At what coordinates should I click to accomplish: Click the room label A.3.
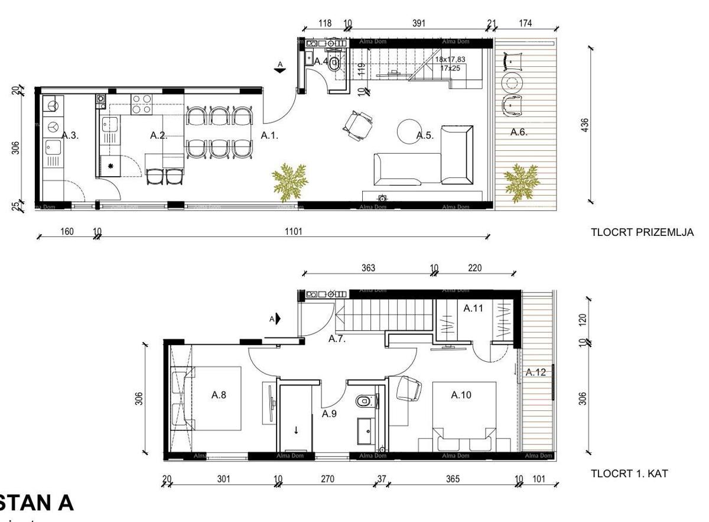coord(70,135)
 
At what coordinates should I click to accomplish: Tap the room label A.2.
coord(158,135)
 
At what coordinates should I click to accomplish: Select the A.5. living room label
coord(425,135)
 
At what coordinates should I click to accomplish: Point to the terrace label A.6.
coord(519,132)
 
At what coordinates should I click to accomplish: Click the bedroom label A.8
coord(219,395)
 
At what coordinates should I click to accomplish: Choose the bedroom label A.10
coord(461,395)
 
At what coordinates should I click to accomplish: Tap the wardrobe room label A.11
coord(473,308)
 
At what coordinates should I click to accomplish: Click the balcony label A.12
coord(536,372)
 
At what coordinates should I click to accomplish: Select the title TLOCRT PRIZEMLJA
coord(642,233)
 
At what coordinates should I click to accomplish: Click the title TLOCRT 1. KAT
coord(630,474)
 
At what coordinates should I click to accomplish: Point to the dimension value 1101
coord(293,232)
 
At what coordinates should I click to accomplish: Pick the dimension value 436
coord(585,125)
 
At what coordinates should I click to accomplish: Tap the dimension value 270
coord(327,479)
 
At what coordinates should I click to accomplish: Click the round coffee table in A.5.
coord(408,131)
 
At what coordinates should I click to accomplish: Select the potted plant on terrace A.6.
coord(521,181)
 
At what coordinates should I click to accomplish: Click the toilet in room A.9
coord(362,402)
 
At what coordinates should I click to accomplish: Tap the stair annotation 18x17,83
coord(450,60)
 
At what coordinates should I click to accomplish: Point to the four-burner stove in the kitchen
coord(142,104)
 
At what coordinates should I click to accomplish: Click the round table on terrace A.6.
coord(512,82)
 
